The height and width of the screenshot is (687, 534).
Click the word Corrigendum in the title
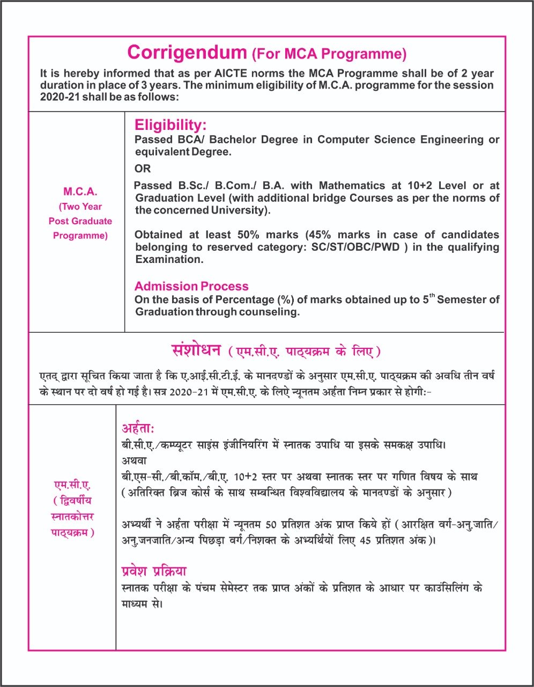(186, 52)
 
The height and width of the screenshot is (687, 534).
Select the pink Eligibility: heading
(170, 125)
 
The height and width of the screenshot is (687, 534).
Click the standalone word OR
(143, 169)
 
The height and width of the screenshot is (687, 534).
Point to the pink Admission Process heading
(191, 286)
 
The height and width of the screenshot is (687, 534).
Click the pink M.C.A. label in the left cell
(80, 192)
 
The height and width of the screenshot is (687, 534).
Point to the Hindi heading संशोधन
(196, 350)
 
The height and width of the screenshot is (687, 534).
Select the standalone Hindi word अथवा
(134, 461)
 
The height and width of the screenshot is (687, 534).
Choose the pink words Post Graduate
(80, 221)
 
